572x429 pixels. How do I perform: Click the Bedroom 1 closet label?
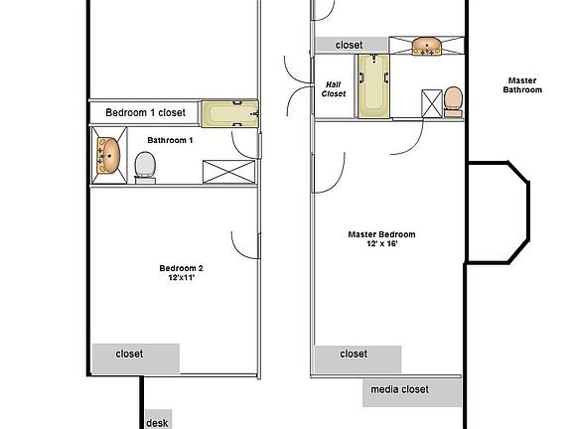click(145, 113)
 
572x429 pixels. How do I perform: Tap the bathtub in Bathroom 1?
click(230, 113)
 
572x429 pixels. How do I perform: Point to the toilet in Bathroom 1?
click(145, 165)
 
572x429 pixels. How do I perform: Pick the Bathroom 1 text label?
click(170, 141)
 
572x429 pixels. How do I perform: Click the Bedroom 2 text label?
click(181, 268)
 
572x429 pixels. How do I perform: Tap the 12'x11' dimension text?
click(181, 279)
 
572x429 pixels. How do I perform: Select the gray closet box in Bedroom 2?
click(136, 355)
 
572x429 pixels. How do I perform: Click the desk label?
click(157, 422)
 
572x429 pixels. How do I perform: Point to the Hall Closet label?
click(335, 89)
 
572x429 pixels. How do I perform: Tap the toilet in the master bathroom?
click(453, 100)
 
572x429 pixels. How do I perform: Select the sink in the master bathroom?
click(426, 47)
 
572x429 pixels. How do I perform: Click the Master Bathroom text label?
click(524, 85)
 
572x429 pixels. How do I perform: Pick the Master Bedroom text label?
click(381, 235)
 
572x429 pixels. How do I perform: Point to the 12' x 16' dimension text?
click(381, 245)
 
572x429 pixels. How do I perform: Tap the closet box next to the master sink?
click(349, 46)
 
